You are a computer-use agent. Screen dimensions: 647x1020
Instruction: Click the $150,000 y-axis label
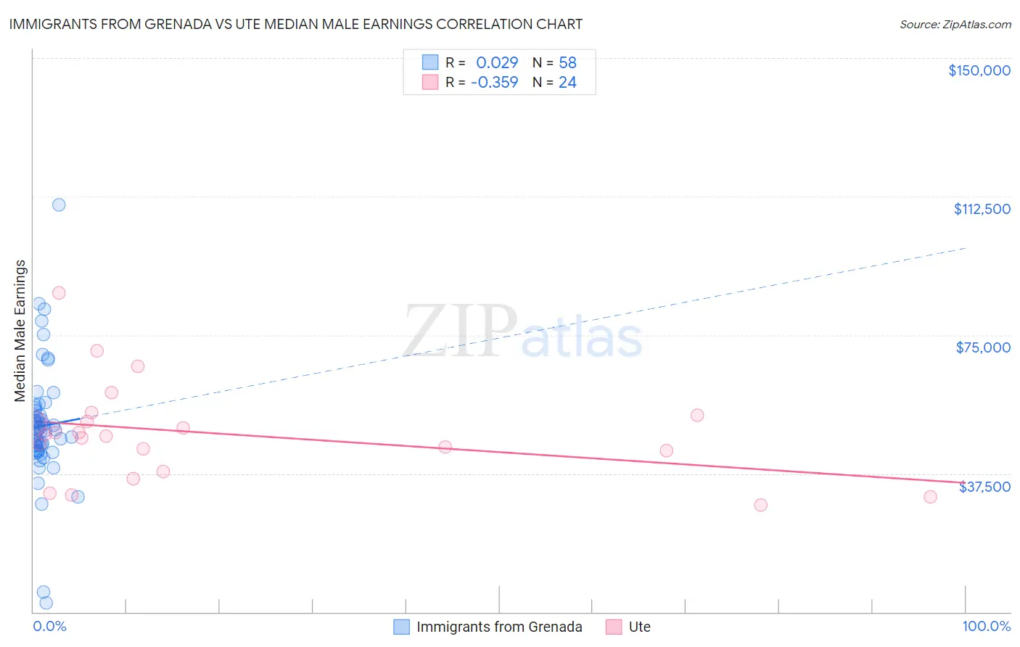click(x=979, y=70)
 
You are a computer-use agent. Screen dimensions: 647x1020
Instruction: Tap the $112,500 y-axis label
click(x=982, y=209)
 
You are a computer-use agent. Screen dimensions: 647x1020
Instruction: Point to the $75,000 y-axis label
click(x=983, y=347)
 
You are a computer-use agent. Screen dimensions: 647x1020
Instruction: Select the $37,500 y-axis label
click(x=984, y=487)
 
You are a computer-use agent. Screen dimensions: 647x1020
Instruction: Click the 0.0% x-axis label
click(x=49, y=627)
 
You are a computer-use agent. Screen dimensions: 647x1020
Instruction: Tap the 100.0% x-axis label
click(x=986, y=627)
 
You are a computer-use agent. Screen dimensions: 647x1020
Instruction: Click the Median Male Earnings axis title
click(x=20, y=330)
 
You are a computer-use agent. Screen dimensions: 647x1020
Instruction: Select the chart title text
click(x=296, y=24)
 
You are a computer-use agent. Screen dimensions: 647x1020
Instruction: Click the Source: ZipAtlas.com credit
click(x=955, y=25)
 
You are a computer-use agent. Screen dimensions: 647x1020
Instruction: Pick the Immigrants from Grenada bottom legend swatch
click(x=402, y=627)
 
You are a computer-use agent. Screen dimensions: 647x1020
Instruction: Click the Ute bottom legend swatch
click(x=614, y=627)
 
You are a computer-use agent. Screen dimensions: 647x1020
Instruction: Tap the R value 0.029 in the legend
click(x=497, y=63)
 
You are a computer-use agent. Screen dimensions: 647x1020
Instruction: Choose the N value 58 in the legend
click(x=567, y=63)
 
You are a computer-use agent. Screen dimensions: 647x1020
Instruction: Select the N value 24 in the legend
click(x=567, y=83)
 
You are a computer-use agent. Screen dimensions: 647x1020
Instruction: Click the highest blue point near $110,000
click(x=59, y=205)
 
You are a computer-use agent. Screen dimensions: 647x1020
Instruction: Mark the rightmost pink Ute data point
click(x=930, y=497)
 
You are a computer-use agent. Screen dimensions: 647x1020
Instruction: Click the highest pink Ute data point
click(x=59, y=293)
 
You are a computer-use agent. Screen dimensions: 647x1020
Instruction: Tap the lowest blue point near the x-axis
click(x=46, y=603)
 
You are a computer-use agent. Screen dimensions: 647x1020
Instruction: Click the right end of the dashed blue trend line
click(x=966, y=248)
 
